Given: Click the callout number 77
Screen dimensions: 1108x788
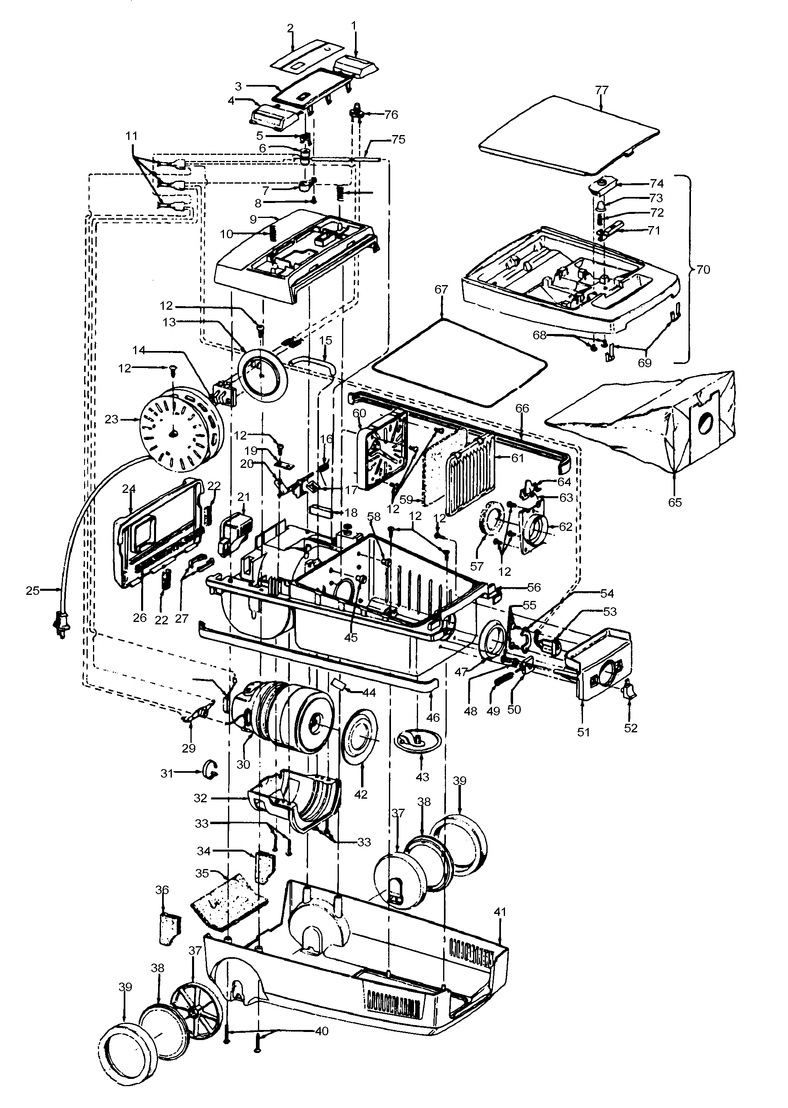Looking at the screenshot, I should (601, 90).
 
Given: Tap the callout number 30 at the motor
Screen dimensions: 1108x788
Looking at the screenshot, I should (243, 764).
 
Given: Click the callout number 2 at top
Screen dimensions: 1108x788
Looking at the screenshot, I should (290, 27).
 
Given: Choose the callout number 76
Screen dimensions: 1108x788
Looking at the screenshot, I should (391, 114).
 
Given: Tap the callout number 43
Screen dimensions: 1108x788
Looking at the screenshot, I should (422, 776).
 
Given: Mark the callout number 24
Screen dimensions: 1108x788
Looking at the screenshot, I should (128, 489).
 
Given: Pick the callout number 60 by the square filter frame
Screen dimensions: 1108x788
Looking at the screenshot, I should (359, 413).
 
